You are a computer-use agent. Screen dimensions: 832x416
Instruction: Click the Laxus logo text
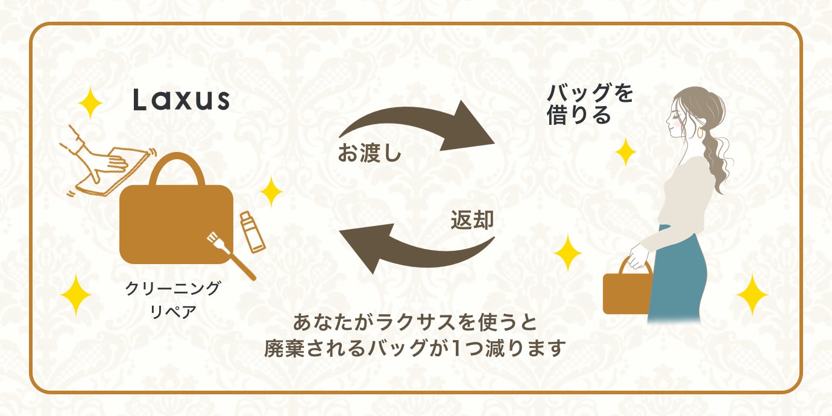click(181, 99)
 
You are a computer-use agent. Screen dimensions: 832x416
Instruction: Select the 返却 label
click(472, 221)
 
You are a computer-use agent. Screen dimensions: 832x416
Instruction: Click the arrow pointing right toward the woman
click(422, 127)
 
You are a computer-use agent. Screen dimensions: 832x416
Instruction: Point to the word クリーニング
click(172, 289)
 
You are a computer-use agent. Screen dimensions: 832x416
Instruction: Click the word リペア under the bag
click(172, 313)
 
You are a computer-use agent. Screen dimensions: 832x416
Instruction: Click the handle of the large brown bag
click(175, 167)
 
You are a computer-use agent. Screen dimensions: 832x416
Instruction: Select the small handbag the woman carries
click(627, 291)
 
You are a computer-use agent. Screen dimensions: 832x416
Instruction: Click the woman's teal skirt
click(678, 277)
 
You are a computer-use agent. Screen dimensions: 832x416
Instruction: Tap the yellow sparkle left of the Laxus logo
click(90, 104)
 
